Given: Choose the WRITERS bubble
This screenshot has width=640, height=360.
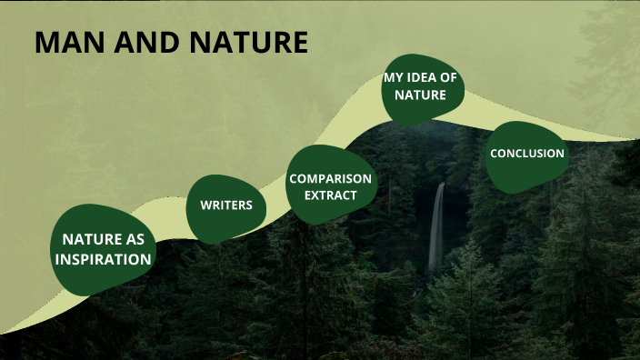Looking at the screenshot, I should [x=226, y=208].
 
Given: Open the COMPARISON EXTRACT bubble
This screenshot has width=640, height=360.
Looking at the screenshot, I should [x=330, y=185].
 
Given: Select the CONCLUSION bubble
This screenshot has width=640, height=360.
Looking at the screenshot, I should [x=527, y=155].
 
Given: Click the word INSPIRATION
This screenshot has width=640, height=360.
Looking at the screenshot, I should [x=103, y=259].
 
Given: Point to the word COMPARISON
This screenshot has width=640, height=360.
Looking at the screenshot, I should [x=330, y=178].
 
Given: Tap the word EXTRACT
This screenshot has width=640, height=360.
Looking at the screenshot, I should [x=330, y=195].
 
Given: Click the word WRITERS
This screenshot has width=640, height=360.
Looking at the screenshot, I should [x=226, y=205].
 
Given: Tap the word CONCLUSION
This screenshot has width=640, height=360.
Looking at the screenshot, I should [x=527, y=153].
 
